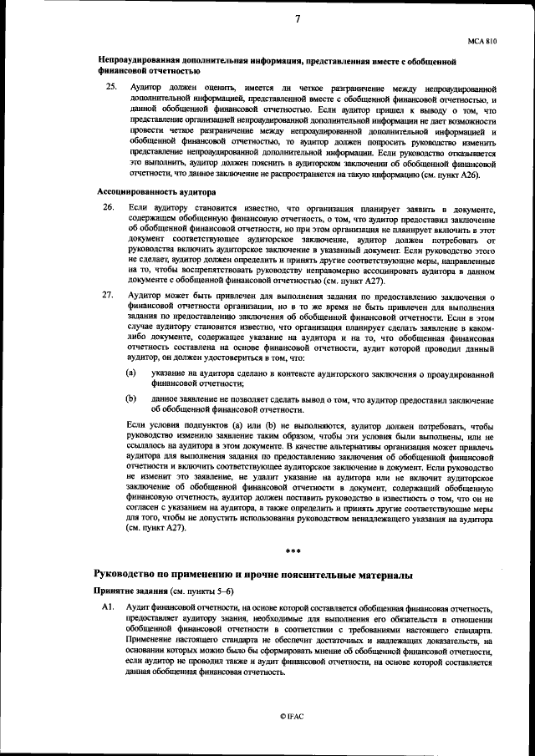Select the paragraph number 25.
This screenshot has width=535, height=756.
[x=109, y=88]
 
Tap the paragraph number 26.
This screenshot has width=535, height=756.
[x=109, y=206]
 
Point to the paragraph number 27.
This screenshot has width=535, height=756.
[x=109, y=295]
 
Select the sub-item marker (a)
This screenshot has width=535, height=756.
[x=131, y=372]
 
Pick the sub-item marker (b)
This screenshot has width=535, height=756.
[x=131, y=399]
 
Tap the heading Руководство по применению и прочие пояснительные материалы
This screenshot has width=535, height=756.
[x=252, y=576]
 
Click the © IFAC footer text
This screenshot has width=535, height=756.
[x=293, y=717]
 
